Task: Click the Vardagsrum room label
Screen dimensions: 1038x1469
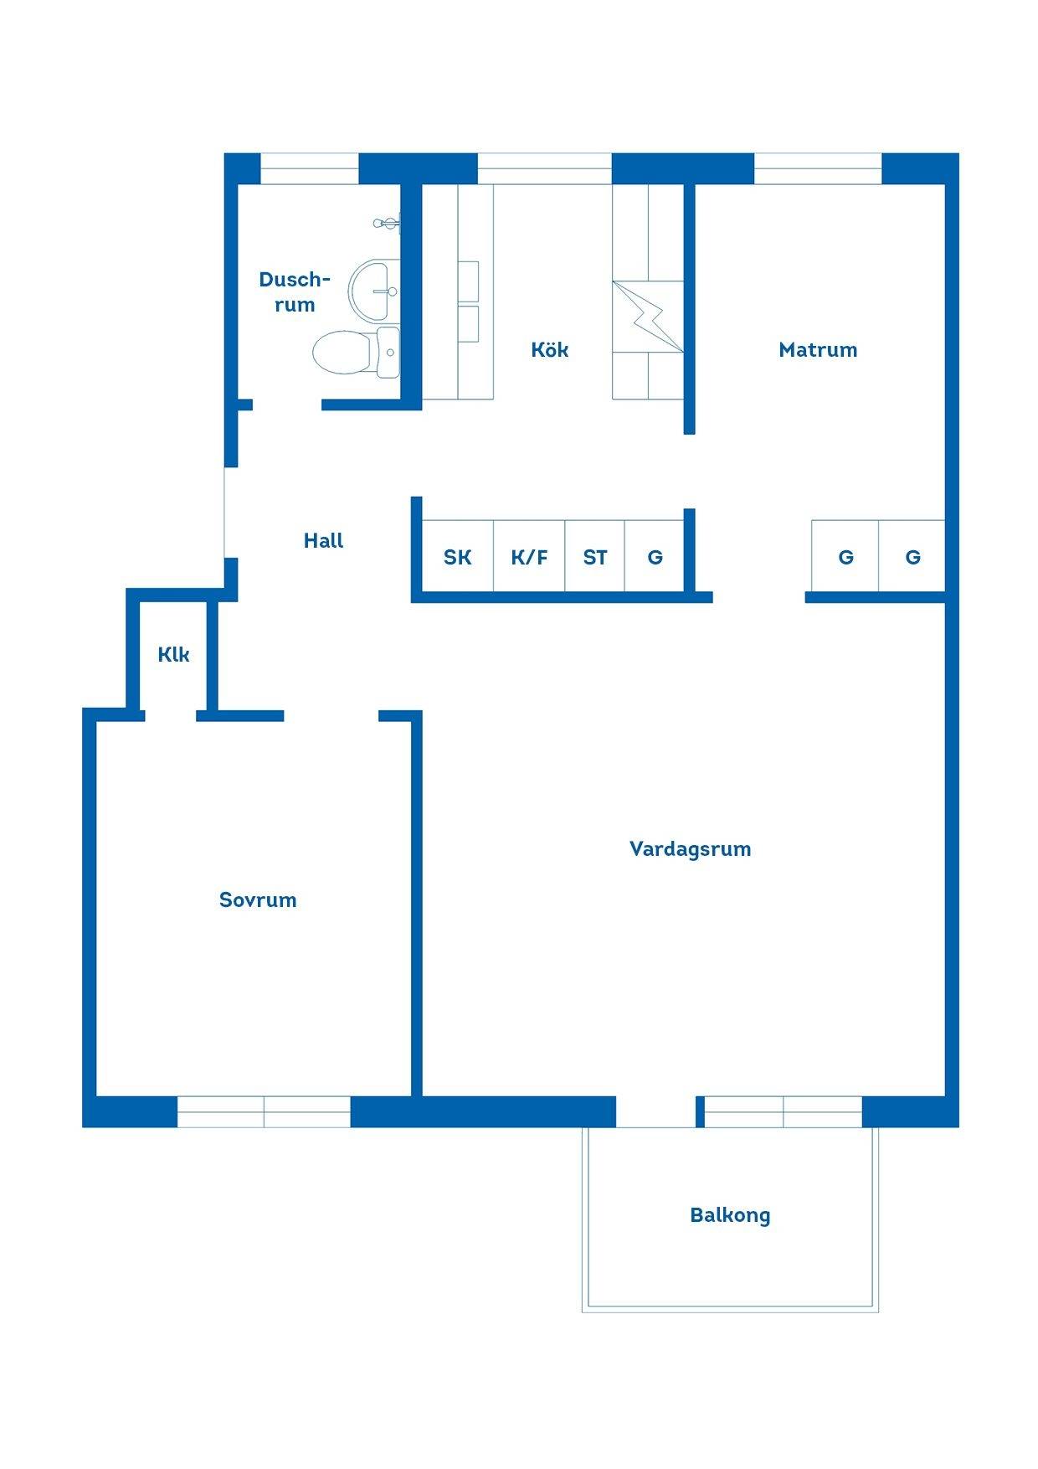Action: pyautogui.click(x=690, y=849)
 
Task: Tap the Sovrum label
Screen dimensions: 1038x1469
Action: pyautogui.click(x=258, y=900)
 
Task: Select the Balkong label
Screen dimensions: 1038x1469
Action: pyautogui.click(x=730, y=1215)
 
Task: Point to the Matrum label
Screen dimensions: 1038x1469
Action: pyautogui.click(x=818, y=350)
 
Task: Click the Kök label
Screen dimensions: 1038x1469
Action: pyautogui.click(x=550, y=349)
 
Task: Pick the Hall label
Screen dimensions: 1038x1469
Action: pyautogui.click(x=323, y=541)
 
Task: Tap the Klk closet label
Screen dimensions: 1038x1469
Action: pyautogui.click(x=173, y=654)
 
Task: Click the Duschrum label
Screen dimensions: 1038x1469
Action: pyautogui.click(x=295, y=291)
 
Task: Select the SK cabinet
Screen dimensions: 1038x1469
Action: pyautogui.click(x=458, y=556)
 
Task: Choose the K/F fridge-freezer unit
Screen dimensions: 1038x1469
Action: pyautogui.click(x=529, y=556)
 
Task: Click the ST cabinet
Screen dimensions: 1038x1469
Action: pyautogui.click(x=595, y=556)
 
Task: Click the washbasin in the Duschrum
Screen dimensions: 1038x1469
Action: pyautogui.click(x=373, y=291)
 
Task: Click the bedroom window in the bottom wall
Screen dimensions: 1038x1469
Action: pyautogui.click(x=264, y=1111)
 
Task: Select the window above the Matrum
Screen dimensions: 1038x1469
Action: pyautogui.click(x=818, y=169)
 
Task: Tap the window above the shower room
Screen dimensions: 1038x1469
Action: pyautogui.click(x=310, y=169)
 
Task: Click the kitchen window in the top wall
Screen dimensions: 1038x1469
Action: pyautogui.click(x=544, y=169)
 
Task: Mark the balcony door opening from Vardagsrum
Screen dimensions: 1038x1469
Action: pyautogui.click(x=655, y=1111)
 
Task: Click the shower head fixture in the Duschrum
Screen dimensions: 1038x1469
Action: pyautogui.click(x=387, y=223)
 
